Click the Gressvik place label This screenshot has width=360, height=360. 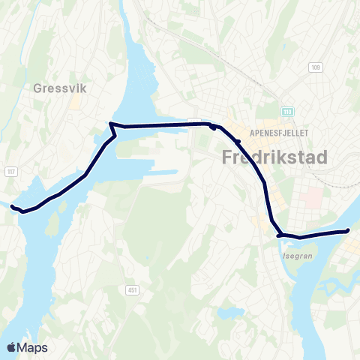(60, 88)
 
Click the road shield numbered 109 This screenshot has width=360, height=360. (314, 67)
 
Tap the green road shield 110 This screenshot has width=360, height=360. (287, 112)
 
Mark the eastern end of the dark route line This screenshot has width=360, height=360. (349, 231)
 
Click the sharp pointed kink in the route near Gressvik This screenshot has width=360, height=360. (111, 123)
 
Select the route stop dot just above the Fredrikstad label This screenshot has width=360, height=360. (237, 141)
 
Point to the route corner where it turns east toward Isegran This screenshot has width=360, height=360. (279, 235)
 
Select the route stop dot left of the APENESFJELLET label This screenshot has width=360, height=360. (214, 127)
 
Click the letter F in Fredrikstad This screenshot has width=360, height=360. (228, 158)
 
